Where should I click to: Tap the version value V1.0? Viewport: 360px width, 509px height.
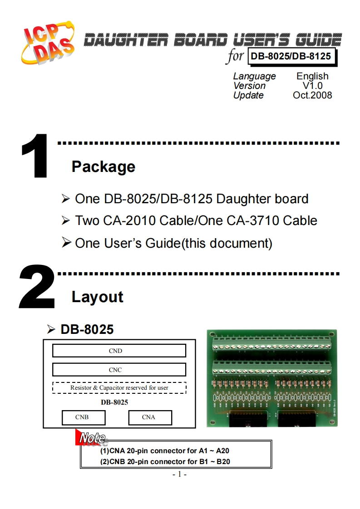(x=313, y=86)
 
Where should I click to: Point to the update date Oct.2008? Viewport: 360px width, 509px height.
(x=312, y=95)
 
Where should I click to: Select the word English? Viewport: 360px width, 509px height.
(x=312, y=76)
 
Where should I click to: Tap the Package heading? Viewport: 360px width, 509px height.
(x=103, y=166)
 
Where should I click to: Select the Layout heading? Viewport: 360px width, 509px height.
(x=97, y=297)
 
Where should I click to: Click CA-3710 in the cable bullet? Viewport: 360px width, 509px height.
(x=256, y=221)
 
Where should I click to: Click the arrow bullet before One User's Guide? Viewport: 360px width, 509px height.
(x=66, y=243)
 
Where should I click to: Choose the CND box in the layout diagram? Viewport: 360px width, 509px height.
(x=119, y=351)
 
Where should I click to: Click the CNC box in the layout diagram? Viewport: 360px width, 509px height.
(x=119, y=370)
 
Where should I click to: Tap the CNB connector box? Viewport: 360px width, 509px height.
(x=84, y=417)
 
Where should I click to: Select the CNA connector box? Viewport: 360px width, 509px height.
(x=150, y=417)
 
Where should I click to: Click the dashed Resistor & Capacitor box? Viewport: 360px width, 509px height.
(x=119, y=388)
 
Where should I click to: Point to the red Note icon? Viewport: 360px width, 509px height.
(x=91, y=438)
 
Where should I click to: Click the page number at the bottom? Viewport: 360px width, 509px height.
(x=180, y=475)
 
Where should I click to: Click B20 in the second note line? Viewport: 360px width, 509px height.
(x=223, y=462)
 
